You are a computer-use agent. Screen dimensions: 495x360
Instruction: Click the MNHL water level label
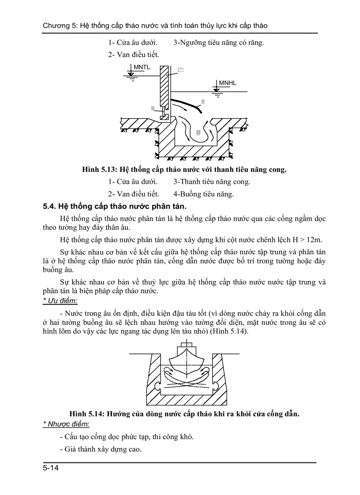tap(227, 83)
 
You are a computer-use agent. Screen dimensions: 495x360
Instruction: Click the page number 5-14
tap(51, 468)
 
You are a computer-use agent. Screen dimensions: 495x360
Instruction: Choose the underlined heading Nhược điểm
tap(66, 424)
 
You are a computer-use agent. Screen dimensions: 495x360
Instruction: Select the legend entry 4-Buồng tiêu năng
tap(203, 194)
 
